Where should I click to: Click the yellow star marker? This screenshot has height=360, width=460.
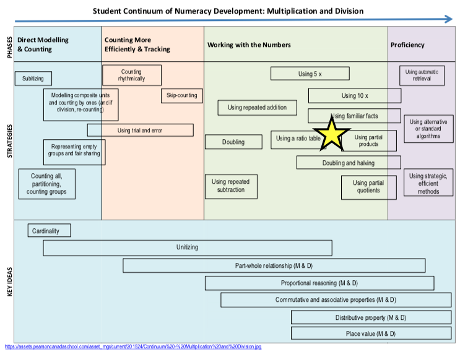coord(332,135)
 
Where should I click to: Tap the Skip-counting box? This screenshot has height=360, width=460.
coord(181,95)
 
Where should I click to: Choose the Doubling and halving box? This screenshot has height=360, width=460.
coord(347,163)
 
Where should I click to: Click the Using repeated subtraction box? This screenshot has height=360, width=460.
coord(231,186)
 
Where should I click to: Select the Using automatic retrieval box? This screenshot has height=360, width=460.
coord(420,75)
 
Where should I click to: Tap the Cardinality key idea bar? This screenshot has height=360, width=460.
coord(49,231)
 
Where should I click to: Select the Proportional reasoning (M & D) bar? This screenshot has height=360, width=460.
coord(319,283)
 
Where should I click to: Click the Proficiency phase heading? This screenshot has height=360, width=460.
coord(407,45)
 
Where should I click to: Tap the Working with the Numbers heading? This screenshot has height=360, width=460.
coord(249,45)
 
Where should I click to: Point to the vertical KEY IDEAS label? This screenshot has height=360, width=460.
coord(9,281)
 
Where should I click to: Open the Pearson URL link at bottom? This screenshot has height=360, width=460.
coord(132,347)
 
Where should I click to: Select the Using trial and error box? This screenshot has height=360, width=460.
coord(140,130)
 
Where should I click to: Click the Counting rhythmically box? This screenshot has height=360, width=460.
coord(131,75)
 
